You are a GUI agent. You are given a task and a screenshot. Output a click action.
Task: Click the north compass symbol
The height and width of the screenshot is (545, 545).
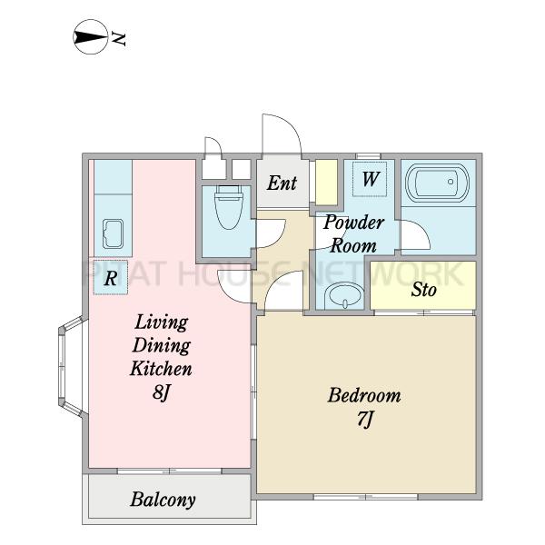click(90, 37)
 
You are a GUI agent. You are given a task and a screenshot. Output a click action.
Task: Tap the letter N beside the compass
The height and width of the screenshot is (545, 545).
click(118, 39)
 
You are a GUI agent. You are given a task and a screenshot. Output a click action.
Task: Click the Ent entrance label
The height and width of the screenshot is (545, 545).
click(282, 183)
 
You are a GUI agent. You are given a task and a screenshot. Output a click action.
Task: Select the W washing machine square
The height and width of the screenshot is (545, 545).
click(370, 179)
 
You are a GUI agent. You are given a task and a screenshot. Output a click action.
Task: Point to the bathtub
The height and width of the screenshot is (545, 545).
click(437, 183)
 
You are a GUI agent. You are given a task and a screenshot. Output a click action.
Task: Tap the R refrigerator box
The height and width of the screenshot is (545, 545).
click(111, 278)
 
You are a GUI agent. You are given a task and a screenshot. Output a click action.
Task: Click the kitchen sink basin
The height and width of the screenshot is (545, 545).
click(113, 233)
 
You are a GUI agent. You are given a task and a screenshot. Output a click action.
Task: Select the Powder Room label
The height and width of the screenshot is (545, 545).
click(353, 234)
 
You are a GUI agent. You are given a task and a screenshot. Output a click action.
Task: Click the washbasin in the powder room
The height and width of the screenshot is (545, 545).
click(344, 295)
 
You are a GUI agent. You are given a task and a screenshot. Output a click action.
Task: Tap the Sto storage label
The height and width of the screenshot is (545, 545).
click(423, 289)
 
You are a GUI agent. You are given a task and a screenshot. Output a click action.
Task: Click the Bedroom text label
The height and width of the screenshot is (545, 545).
click(364, 395)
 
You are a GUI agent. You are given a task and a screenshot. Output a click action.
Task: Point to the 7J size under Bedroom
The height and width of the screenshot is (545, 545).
click(364, 419)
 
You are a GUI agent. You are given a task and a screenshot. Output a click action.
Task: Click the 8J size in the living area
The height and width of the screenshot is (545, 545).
click(162, 392)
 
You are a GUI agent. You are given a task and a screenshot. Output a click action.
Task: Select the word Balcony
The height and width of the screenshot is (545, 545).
click(163, 500)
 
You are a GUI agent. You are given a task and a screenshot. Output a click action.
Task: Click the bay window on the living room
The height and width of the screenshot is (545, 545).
click(71, 366)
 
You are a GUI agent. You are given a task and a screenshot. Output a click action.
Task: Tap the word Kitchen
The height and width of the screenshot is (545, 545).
click(161, 369)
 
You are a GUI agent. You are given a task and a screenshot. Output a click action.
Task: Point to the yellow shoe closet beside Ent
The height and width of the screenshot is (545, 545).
click(326, 183)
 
